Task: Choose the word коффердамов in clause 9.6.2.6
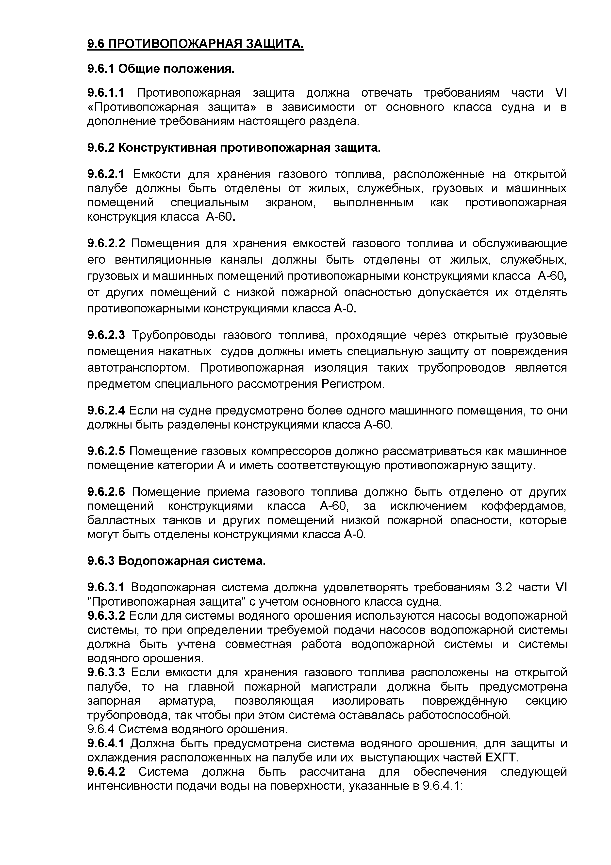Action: [x=524, y=506]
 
